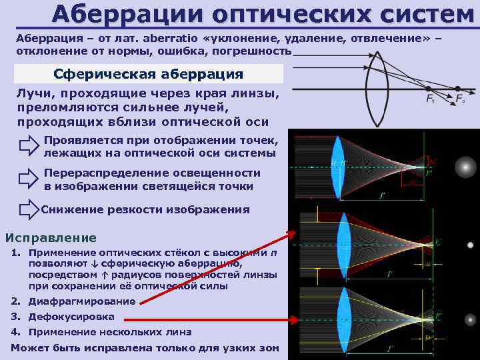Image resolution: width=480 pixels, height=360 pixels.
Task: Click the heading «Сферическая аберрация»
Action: click(148, 73)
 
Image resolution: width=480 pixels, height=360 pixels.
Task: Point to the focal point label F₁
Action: click(431, 99)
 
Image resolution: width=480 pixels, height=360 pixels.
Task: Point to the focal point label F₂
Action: click(460, 99)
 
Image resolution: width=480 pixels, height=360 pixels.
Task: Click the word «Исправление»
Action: click(51, 238)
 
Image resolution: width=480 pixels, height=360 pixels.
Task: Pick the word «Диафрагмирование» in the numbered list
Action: click(82, 301)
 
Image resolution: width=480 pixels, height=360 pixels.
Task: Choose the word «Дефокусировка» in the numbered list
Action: click(71, 317)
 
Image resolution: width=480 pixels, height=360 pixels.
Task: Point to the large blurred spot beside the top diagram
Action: click(465, 166)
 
